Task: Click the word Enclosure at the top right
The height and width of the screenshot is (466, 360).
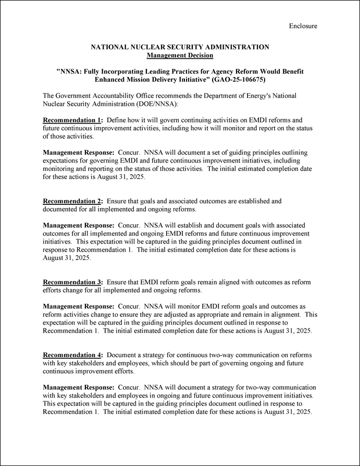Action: [x=303, y=26]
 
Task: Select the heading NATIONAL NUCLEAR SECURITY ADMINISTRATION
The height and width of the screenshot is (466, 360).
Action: [x=180, y=47]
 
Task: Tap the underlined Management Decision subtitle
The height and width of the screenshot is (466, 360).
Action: [x=180, y=55]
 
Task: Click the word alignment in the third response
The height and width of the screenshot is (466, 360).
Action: [x=283, y=314]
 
